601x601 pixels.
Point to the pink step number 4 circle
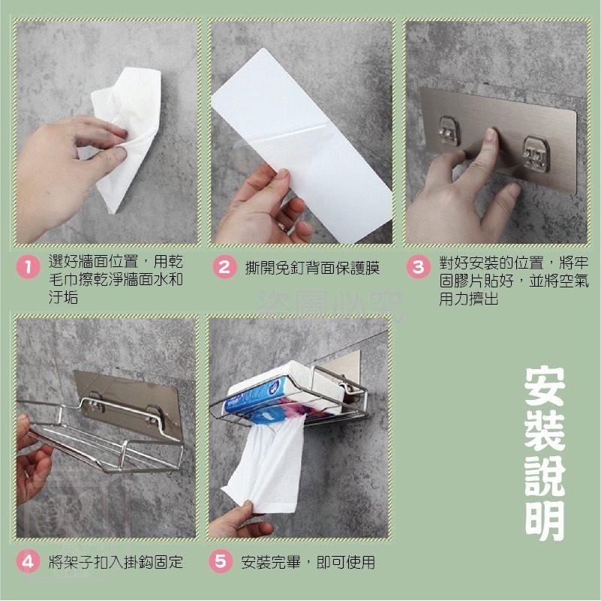[x=28, y=562]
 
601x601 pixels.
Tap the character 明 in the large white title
[x=545, y=516]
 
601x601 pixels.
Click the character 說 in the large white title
[x=545, y=473]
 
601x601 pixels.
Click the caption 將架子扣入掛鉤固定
[x=115, y=562]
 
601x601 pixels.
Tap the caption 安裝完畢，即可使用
[x=308, y=562]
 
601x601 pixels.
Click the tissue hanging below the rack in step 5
[x=266, y=465]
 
